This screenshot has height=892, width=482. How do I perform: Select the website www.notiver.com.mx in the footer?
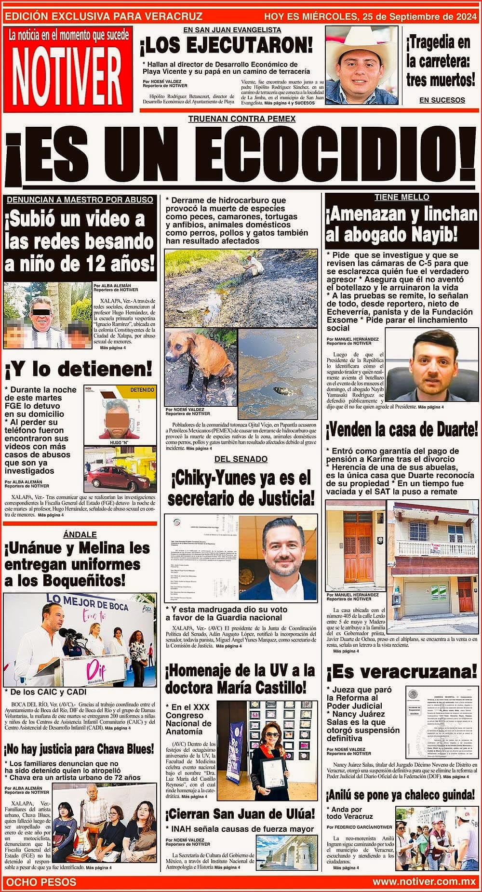coord(424,882)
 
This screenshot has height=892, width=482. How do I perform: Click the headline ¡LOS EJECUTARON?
coord(227,46)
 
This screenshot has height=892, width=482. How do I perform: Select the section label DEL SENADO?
coord(241,459)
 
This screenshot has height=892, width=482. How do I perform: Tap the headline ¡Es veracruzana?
coord(401,671)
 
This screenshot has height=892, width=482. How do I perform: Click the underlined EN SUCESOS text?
coord(442,100)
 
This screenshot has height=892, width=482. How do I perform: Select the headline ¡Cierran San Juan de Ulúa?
coord(240,814)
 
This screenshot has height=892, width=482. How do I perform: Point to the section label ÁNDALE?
coord(80,534)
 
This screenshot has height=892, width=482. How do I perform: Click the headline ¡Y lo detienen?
coord(78,370)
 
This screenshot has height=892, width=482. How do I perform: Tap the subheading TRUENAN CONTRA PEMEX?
coord(241,119)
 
